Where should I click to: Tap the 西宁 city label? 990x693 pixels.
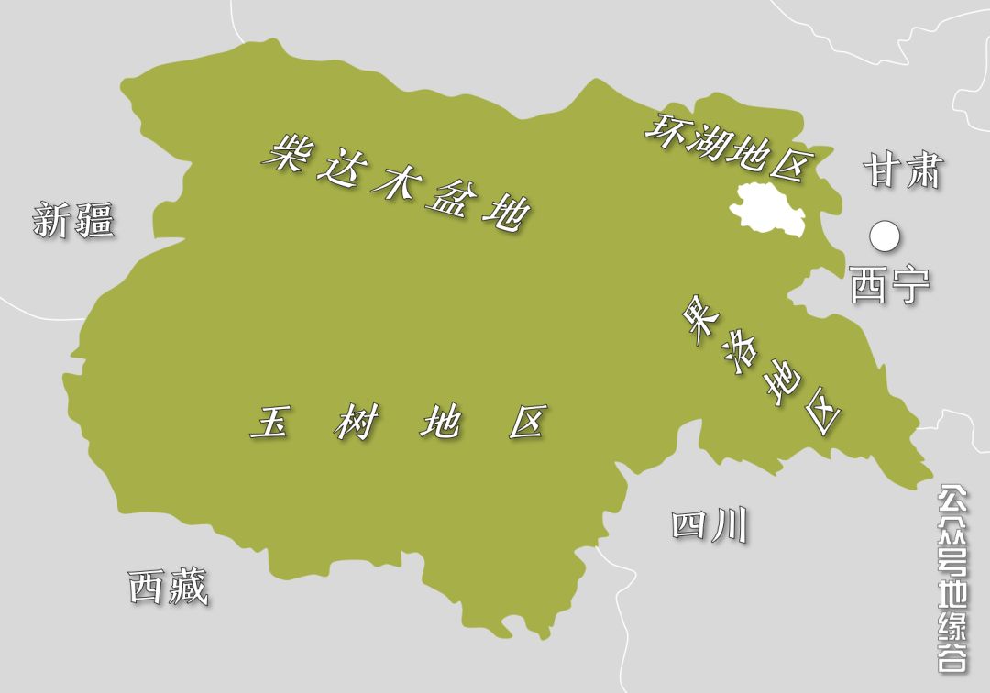889,285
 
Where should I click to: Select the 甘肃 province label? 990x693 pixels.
903,170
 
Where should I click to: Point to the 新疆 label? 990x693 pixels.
73,221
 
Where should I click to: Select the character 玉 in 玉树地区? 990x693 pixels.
269,423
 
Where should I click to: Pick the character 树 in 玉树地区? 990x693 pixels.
355,423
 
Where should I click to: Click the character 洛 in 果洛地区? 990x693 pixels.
739,353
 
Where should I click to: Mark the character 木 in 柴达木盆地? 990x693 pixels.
393,181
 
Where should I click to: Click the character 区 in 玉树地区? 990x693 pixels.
527,423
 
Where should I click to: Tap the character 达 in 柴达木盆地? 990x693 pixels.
337,167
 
